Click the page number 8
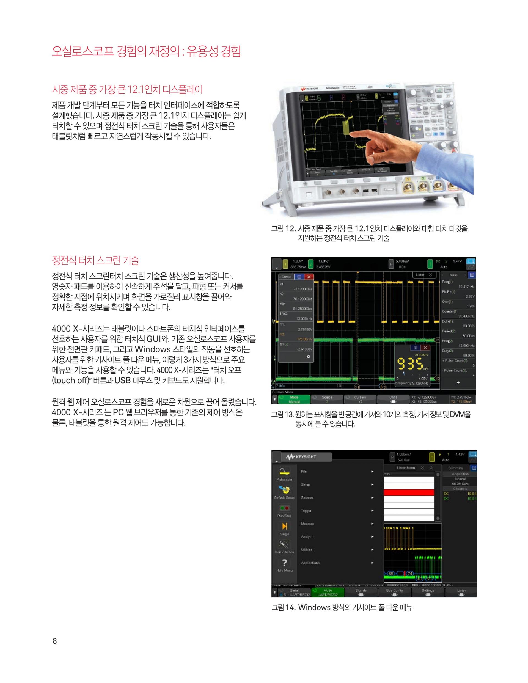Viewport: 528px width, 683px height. tap(55, 641)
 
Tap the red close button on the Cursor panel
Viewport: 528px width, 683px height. tap(309, 277)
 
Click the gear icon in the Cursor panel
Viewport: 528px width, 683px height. tap(309, 357)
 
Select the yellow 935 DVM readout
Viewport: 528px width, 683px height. tap(411, 364)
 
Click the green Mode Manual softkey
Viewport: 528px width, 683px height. tap(294, 399)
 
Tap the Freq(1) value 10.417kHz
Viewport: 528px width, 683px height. tap(466, 287)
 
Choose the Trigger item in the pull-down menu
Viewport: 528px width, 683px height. tap(306, 511)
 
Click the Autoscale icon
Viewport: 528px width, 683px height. tap(284, 472)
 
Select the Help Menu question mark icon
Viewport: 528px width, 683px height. tap(284, 563)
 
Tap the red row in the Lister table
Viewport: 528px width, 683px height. tap(408, 492)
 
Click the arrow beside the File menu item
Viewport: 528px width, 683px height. tap(372, 471)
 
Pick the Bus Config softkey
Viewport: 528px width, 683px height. tap(394, 592)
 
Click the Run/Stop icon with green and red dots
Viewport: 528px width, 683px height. tap(284, 508)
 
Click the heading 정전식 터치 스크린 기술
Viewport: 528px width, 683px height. tap(95, 260)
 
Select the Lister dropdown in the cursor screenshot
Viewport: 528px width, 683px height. tap(424, 275)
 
